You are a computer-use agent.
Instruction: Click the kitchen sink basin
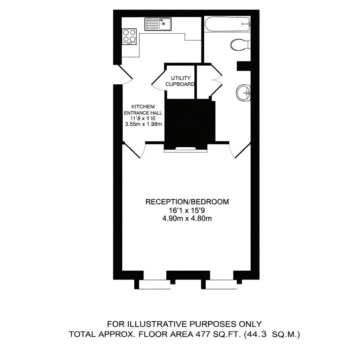pyautogui.click(x=165, y=25)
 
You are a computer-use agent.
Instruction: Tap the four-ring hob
pyautogui.click(x=129, y=36)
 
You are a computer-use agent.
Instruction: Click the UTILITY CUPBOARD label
pyautogui.click(x=181, y=81)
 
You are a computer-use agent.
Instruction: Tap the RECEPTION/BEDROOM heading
pyautogui.click(x=187, y=202)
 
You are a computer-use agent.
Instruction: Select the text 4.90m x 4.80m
pyautogui.click(x=187, y=218)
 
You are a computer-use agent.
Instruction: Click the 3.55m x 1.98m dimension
pyautogui.click(x=143, y=124)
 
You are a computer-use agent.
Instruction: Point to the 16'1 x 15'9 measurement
pyautogui.click(x=187, y=210)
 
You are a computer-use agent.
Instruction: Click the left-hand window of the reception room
pyautogui.click(x=155, y=284)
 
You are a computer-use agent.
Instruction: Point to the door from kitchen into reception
pyautogui.click(x=134, y=150)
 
